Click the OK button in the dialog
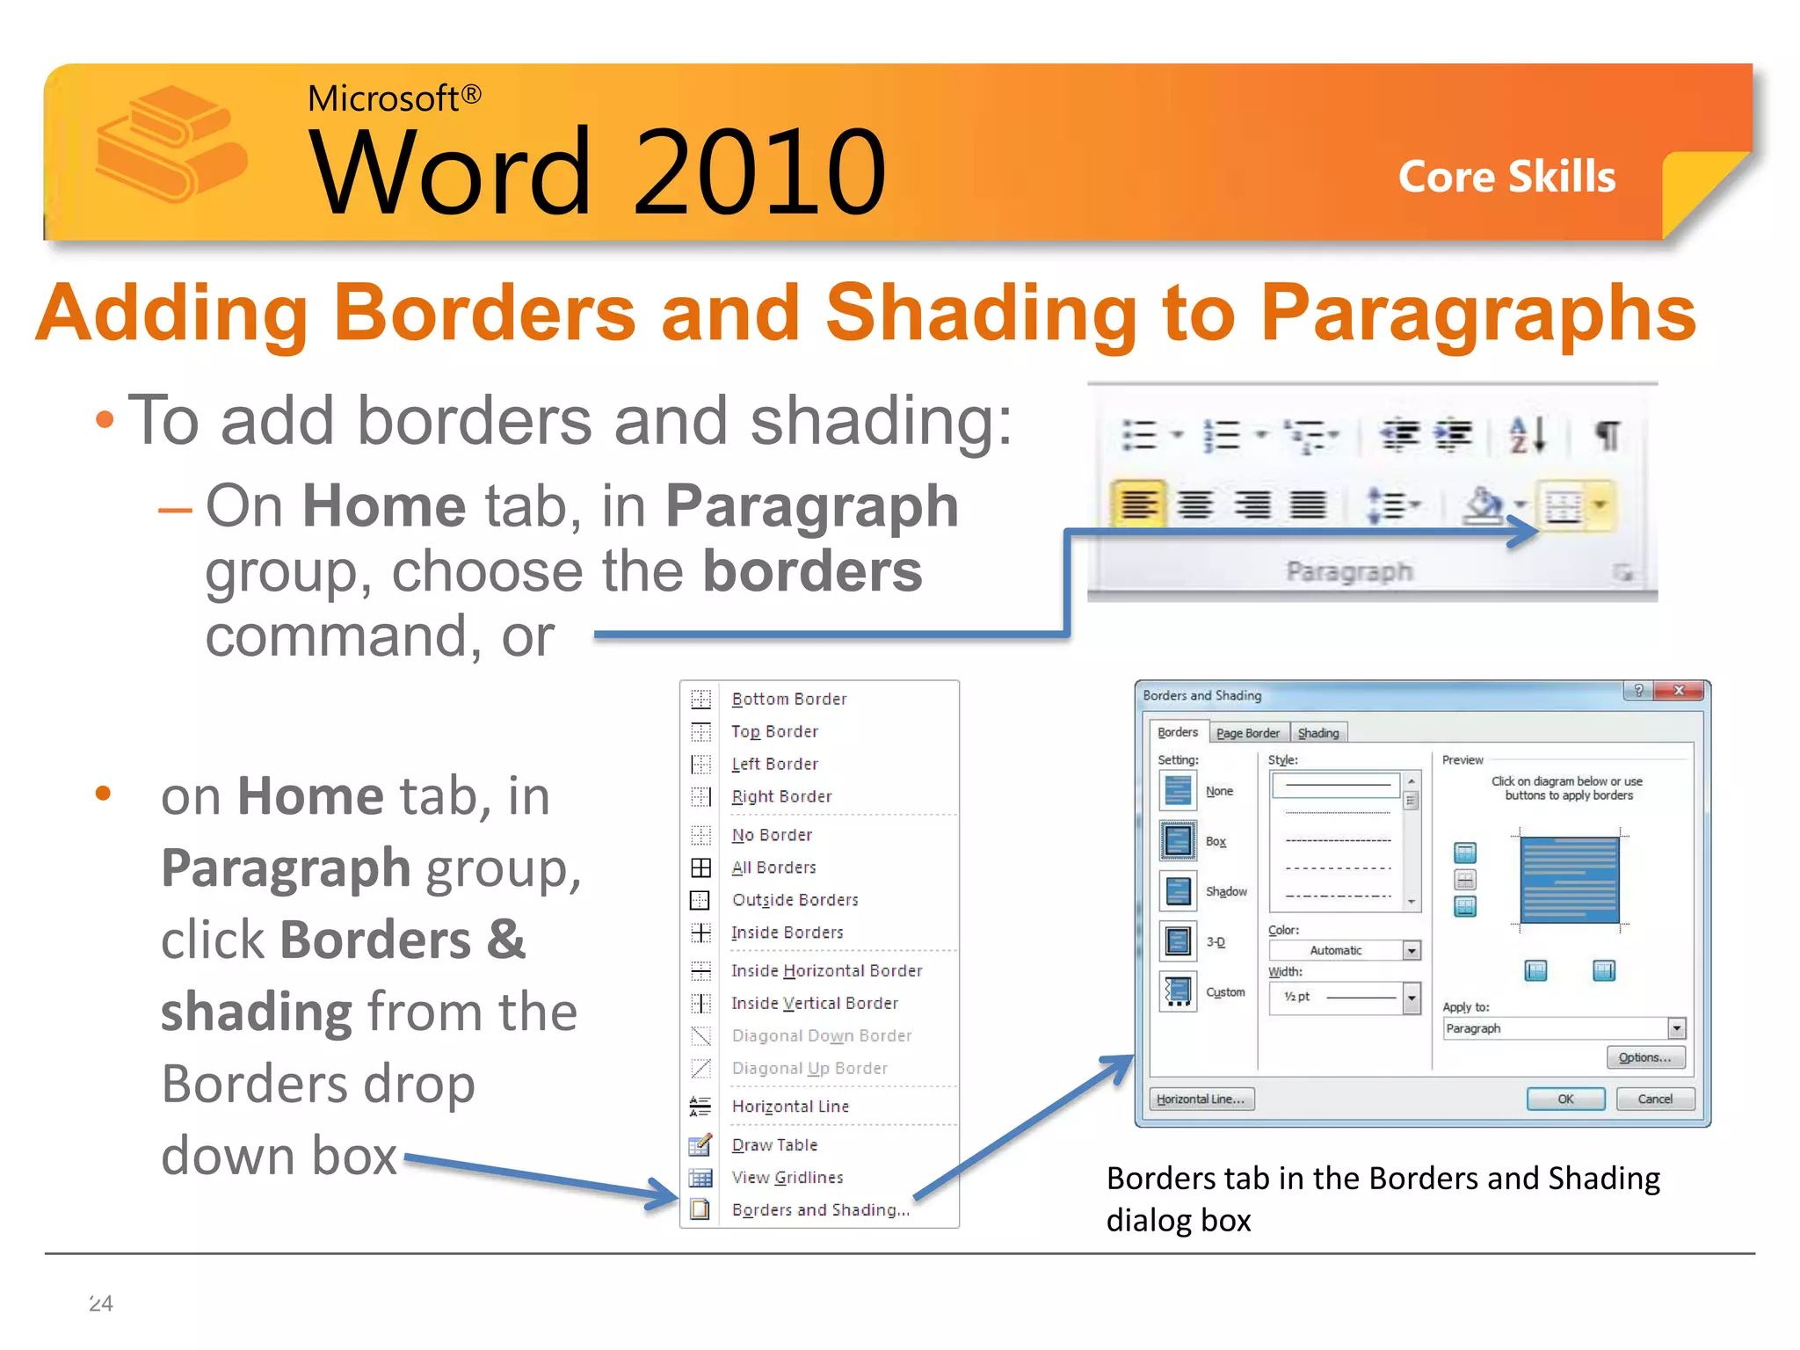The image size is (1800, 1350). click(1565, 1099)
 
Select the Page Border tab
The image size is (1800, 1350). click(1247, 733)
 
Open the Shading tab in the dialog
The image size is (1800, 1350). click(1318, 733)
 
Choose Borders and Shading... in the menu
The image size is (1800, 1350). click(820, 1210)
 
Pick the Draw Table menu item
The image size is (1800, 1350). click(774, 1145)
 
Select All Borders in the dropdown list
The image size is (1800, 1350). click(773, 867)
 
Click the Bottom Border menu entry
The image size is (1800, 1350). click(788, 699)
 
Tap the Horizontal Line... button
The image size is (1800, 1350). click(1201, 1099)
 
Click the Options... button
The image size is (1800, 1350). click(1645, 1057)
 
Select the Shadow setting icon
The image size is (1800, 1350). click(1178, 891)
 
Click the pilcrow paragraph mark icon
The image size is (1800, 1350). click(1608, 435)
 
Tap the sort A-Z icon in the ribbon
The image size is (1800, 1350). click(1527, 435)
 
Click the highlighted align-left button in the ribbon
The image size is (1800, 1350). click(1138, 504)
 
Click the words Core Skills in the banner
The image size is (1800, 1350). click(1506, 177)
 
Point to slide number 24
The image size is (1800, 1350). click(101, 1303)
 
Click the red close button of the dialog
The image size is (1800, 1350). click(1679, 691)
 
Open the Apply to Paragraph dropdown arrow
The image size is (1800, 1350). click(1677, 1028)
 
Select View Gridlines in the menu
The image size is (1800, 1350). click(787, 1178)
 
